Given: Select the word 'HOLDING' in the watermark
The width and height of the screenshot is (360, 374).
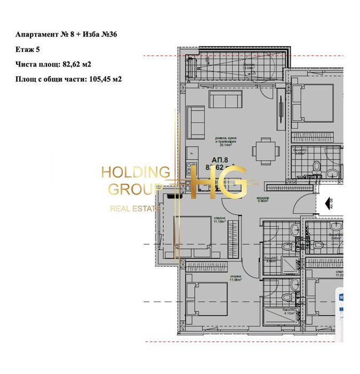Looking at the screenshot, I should (x=135, y=172).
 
